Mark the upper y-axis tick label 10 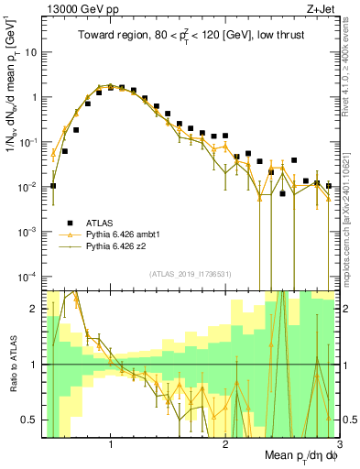click(31, 51)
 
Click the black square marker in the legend click(70, 222)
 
